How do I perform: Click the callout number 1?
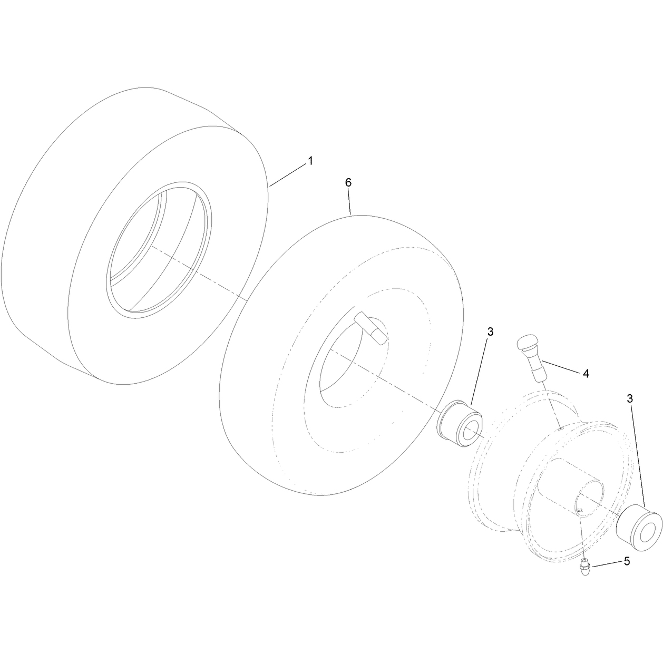(x=310, y=161)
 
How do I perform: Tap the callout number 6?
(x=348, y=183)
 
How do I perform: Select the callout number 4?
(x=586, y=374)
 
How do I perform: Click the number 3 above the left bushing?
(x=490, y=331)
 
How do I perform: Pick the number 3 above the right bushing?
(x=630, y=399)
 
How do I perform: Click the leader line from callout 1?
(x=288, y=175)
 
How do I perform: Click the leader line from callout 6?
(x=349, y=202)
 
